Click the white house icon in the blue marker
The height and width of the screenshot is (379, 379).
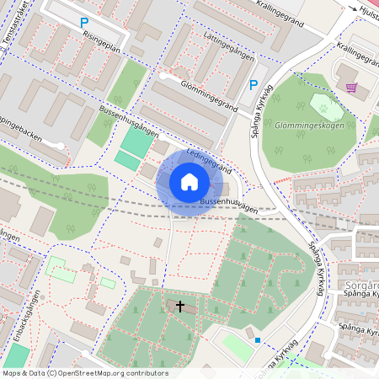point(189,182)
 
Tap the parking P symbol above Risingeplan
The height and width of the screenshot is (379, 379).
point(83,24)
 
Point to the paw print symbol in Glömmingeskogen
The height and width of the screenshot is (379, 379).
point(322,105)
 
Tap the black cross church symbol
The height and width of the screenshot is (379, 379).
point(180,307)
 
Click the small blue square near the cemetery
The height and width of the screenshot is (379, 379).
point(259,340)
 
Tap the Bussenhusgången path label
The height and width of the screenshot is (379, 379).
point(129,120)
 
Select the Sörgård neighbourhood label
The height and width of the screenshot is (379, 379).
point(362,286)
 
